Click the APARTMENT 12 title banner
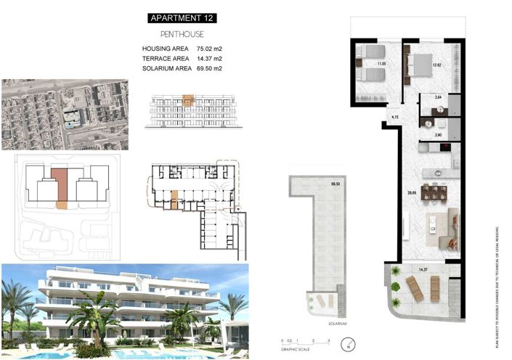point(182,17)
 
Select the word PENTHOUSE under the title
point(182,34)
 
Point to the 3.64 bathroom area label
point(437,97)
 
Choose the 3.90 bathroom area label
point(437,136)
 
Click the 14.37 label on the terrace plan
point(423,270)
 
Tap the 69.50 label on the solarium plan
point(336,184)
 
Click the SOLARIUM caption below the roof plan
point(336,323)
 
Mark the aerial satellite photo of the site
point(65,114)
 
